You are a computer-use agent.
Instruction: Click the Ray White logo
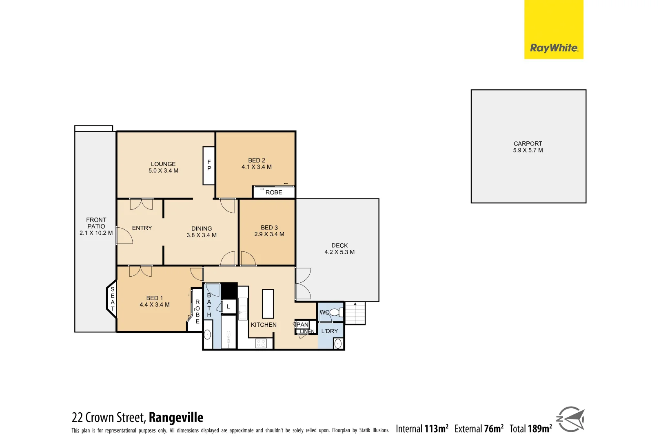554,48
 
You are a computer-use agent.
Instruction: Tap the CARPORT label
528,144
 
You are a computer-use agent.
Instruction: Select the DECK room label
339,246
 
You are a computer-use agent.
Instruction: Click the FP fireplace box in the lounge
209,165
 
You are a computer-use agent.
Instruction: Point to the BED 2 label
256,161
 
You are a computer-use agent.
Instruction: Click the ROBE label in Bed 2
273,192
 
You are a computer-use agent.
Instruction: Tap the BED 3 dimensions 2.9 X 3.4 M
269,234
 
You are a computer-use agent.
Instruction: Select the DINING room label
202,229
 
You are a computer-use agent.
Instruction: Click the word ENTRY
142,228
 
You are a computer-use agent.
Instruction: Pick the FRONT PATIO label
96,223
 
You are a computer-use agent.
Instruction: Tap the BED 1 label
154,298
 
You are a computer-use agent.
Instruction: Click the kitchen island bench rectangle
268,304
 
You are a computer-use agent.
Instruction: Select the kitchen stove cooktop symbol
261,343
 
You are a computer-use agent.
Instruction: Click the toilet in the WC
336,312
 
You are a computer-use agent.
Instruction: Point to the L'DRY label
329,331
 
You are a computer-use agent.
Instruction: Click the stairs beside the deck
355,313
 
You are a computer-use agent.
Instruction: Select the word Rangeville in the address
176,418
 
